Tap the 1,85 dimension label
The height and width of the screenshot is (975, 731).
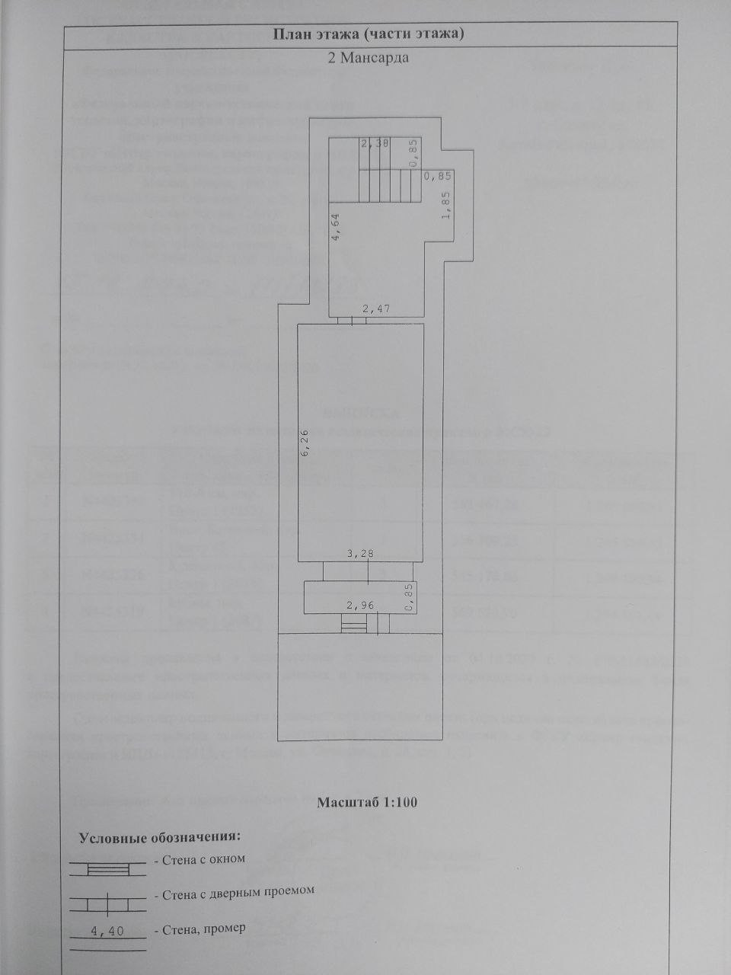(448, 205)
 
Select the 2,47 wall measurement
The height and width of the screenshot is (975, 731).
(375, 308)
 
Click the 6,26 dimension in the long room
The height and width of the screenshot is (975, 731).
(305, 443)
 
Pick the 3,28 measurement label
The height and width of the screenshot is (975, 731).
(361, 554)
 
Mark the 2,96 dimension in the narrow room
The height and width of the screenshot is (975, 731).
(361, 606)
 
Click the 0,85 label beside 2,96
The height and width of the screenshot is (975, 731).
(409, 598)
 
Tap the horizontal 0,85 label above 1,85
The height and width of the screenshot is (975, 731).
(438, 176)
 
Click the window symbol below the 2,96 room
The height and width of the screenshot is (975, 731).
(353, 625)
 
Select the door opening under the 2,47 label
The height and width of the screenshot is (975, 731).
(351, 321)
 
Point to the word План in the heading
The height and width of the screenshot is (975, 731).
(289, 34)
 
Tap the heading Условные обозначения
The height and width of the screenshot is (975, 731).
(160, 837)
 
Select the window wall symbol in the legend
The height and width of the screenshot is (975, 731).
(107, 869)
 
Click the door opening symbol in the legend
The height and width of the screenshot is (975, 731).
(107, 903)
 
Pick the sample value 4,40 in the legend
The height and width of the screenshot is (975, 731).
(107, 930)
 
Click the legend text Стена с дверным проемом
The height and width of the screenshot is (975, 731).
(238, 890)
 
